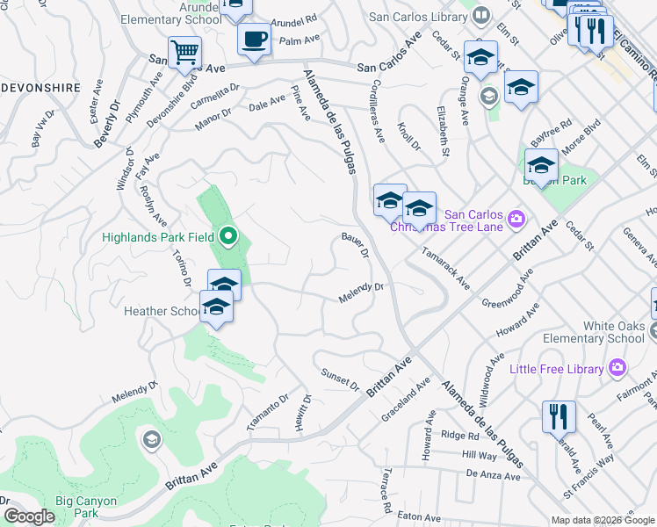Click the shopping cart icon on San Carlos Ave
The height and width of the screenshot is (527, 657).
pos(184,52)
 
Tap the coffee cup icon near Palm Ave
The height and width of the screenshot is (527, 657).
pos(254,39)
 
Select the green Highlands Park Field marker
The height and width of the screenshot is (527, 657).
pos(228,235)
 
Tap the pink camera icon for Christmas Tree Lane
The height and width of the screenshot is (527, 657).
pos(516,217)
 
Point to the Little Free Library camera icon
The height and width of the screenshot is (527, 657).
pos(617,366)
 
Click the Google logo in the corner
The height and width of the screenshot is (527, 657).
pos(29,516)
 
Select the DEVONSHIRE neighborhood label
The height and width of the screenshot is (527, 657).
pos(42,88)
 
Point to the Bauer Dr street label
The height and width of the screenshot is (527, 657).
pos(354,245)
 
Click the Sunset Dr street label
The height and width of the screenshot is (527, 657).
pos(340,379)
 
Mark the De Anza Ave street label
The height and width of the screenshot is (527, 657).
pos(494,476)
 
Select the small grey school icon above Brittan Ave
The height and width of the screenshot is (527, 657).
pos(151,439)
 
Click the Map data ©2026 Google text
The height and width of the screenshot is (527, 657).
pos(603,520)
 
